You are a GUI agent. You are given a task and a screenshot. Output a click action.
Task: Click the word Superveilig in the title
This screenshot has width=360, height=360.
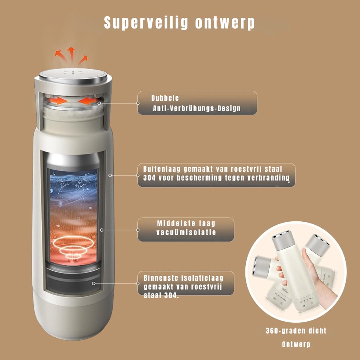pyautogui.click(x=146, y=23)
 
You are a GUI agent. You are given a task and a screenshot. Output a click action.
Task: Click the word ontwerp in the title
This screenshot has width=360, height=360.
pyautogui.click(x=225, y=23)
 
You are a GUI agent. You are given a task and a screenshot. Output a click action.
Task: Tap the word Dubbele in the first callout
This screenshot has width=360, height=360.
pyautogui.click(x=165, y=98)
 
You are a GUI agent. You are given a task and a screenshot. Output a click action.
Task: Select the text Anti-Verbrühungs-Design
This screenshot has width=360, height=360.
pyautogui.click(x=197, y=108)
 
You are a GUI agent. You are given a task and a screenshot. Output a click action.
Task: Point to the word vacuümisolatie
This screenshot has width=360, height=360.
pyautogui.click(x=186, y=232)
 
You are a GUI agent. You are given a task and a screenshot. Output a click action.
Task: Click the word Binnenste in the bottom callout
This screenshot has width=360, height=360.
pyautogui.click(x=161, y=278)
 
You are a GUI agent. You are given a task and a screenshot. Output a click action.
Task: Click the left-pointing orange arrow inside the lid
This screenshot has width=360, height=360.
pyautogui.click(x=88, y=101)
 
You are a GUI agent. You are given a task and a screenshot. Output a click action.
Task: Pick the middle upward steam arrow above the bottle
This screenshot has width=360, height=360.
pyautogui.click(x=71, y=54)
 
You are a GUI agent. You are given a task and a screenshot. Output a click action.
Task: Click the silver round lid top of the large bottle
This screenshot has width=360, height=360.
pyautogui.click(x=73, y=76)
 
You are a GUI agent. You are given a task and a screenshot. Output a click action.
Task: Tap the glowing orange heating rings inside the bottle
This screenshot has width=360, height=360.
pyautogui.click(x=73, y=247)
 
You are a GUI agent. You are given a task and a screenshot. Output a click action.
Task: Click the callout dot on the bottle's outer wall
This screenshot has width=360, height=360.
pyautogui.click(x=110, y=175)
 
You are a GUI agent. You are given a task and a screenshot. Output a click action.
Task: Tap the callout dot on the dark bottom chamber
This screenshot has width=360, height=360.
pyautogui.click(x=94, y=283)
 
